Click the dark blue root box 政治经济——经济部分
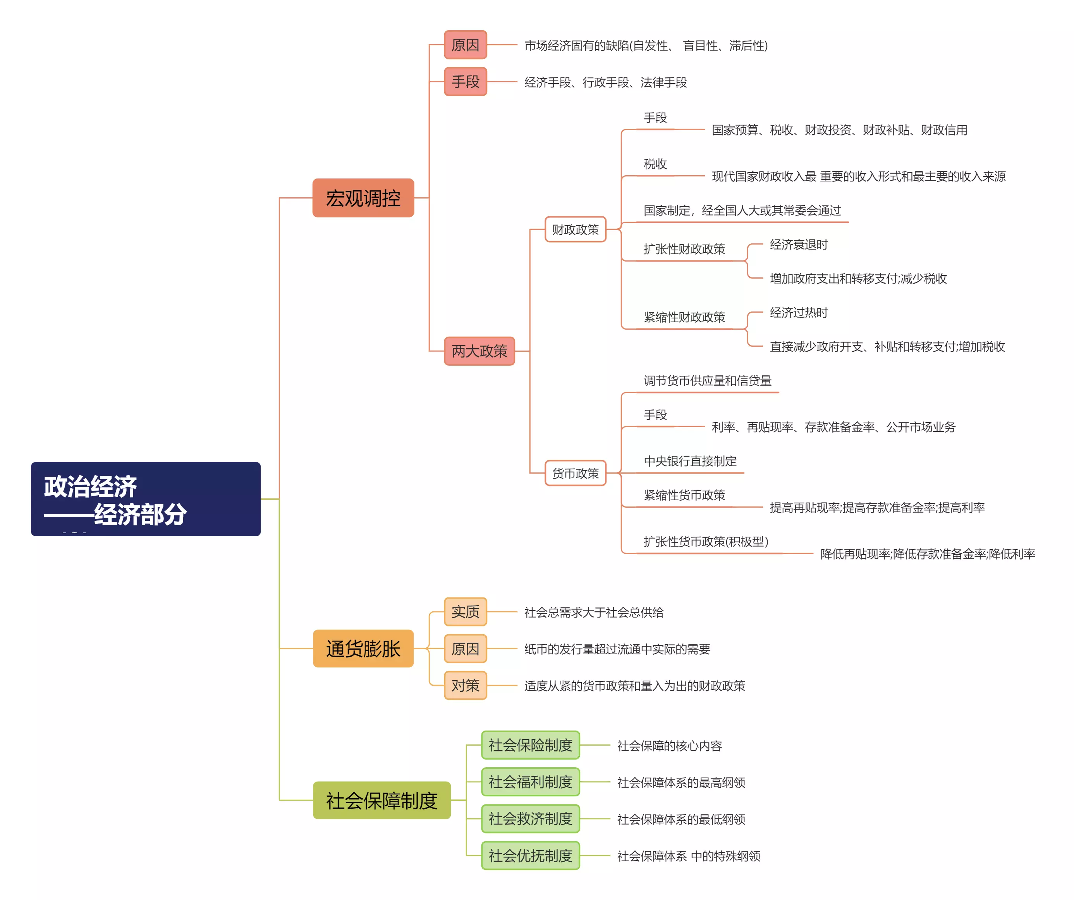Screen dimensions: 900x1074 click(145, 499)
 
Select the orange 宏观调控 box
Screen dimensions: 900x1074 click(363, 198)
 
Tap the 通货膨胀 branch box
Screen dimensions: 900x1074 click(363, 648)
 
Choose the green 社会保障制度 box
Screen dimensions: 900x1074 click(381, 800)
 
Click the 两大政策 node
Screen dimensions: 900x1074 click(479, 351)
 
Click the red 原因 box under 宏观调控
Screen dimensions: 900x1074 click(466, 45)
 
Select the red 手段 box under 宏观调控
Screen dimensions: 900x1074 click(466, 82)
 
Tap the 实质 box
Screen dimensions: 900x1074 click(466, 612)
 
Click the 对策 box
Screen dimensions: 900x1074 click(466, 685)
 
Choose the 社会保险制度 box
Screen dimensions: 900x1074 click(530, 745)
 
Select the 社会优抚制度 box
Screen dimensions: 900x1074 click(530, 856)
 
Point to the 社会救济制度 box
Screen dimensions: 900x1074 click(530, 819)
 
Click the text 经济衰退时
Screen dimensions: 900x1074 click(798, 245)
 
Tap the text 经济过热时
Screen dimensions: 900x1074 click(798, 313)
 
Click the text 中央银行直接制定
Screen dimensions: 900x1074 click(690, 462)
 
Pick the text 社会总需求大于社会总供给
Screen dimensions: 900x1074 click(594, 612)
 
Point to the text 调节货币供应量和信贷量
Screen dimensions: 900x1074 click(707, 381)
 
